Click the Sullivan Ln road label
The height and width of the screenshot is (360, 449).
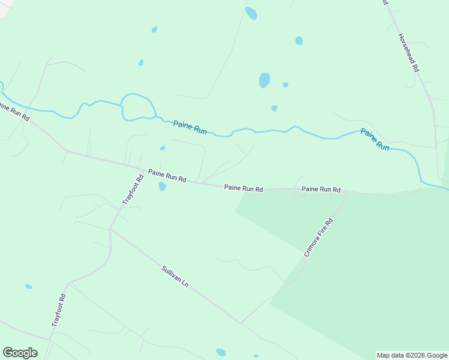tap(175, 277)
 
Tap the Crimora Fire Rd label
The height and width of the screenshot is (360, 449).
tap(318, 238)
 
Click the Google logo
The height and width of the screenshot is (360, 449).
tap(20, 353)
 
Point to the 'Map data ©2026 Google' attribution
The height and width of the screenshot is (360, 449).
tap(412, 355)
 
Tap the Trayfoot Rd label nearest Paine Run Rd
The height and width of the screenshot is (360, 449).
tap(133, 190)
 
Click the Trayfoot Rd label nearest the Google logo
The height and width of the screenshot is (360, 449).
tap(58, 310)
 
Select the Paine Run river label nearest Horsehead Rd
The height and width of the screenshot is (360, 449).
tap(375, 139)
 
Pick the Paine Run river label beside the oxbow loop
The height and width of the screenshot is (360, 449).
tap(190, 127)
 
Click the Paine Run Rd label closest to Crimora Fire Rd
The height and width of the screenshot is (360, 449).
tap(321, 189)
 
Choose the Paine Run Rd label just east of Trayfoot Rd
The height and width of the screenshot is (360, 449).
tap(167, 176)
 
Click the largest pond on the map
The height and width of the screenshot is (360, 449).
tap(264, 80)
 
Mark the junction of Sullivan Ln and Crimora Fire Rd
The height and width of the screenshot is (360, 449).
tap(241, 322)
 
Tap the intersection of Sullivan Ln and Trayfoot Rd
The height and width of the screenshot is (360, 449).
tap(110, 229)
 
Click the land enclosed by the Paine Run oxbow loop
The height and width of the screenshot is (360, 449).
tap(138, 107)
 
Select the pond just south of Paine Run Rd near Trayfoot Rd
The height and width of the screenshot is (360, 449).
tap(162, 187)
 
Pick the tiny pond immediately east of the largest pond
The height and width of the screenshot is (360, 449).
tap(285, 85)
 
